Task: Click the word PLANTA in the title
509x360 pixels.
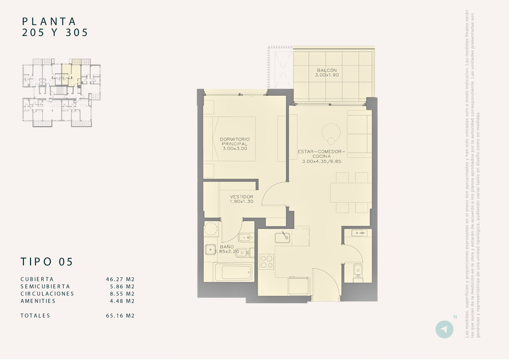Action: coord(49,21)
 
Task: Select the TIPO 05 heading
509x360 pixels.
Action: coord(47,262)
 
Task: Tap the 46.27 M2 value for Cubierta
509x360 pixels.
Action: coord(120,279)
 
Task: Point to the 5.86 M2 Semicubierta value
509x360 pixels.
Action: coord(122,287)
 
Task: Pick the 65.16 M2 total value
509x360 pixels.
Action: coord(120,316)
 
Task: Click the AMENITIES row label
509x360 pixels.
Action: coord(38,301)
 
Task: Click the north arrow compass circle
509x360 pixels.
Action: coord(444,329)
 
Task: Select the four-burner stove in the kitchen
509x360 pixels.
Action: coord(266,262)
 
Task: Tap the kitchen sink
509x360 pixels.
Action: coord(282,238)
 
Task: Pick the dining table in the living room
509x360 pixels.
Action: coord(351,193)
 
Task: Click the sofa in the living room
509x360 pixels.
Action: coord(359,134)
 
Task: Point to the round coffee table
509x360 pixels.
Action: coord(331,133)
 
